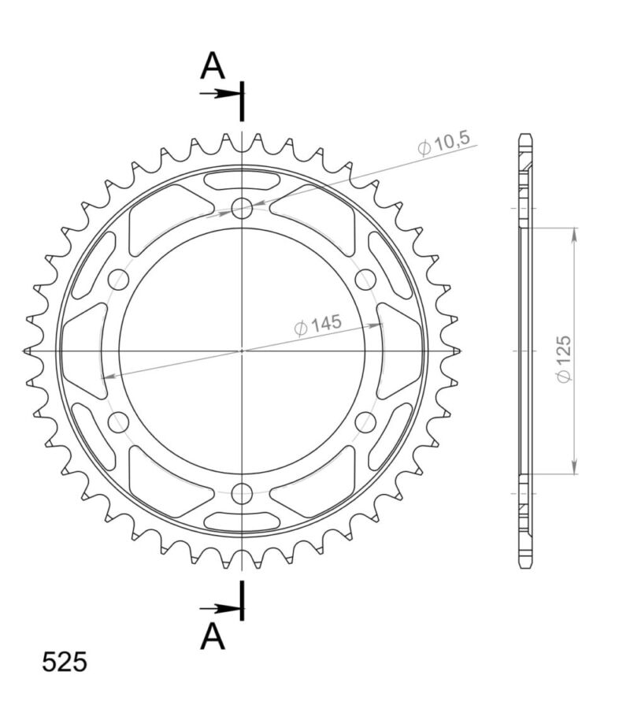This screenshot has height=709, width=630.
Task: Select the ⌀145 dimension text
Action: pos(317,325)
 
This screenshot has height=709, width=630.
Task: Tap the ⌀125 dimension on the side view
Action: pos(564,359)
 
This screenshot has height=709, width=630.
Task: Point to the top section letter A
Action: pos(212,67)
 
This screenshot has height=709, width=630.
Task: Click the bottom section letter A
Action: pos(212,637)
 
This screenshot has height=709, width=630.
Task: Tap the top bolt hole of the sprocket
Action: pos(243,209)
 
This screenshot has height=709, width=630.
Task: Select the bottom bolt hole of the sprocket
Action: pos(243,494)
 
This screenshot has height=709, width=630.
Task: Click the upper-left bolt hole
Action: pos(119,280)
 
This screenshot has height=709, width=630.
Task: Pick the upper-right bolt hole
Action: pos(366,280)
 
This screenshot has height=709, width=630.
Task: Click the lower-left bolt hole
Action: pos(119,422)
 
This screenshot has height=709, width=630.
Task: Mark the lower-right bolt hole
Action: pos(366,422)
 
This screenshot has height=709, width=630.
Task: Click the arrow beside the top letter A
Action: pos(220,94)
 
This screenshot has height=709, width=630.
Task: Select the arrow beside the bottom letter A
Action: pos(220,608)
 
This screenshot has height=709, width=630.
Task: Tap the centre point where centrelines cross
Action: pos(243,351)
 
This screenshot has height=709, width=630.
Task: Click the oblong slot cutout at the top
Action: pos(243,180)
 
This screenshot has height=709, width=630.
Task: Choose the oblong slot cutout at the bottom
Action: pos(243,521)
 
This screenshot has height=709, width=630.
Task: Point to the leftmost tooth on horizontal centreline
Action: pos(30,350)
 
